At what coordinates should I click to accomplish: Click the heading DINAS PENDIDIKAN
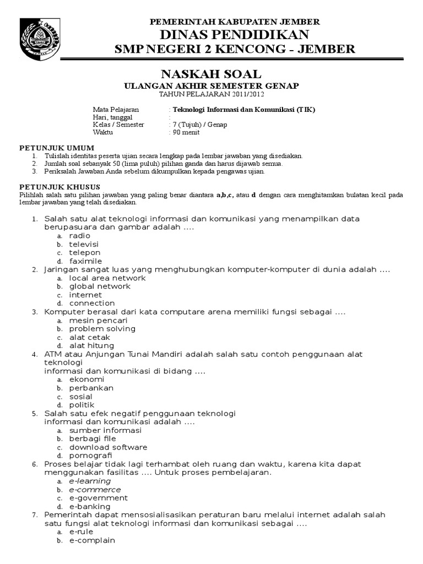[x=235, y=35]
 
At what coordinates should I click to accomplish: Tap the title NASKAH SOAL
[x=211, y=74]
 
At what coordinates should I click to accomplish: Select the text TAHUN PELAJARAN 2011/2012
[x=211, y=94]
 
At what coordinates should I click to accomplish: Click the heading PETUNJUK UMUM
[x=57, y=148]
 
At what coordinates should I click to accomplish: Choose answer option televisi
[x=84, y=244]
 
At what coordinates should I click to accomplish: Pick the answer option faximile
[x=86, y=261]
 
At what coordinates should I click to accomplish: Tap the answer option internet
[x=85, y=295]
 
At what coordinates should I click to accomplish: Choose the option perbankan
[x=91, y=388]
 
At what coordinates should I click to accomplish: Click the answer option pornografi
[x=91, y=455]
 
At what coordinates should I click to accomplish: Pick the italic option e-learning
[x=90, y=481]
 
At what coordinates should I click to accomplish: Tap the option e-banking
[x=90, y=506]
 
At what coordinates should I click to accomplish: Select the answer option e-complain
[x=92, y=540]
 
